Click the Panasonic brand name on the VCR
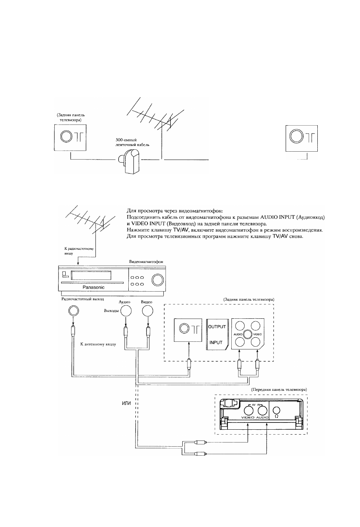click(x=94, y=287)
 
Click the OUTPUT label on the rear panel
click(x=217, y=327)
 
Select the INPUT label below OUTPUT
click(x=216, y=343)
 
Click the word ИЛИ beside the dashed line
click(x=126, y=403)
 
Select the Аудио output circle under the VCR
click(x=126, y=310)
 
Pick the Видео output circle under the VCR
click(x=148, y=310)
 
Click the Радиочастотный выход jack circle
click(x=74, y=311)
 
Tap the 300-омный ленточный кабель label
click(x=132, y=142)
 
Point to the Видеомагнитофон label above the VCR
click(x=146, y=262)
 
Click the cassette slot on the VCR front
click(x=91, y=275)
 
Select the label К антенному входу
click(x=98, y=344)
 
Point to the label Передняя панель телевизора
click(x=279, y=389)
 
